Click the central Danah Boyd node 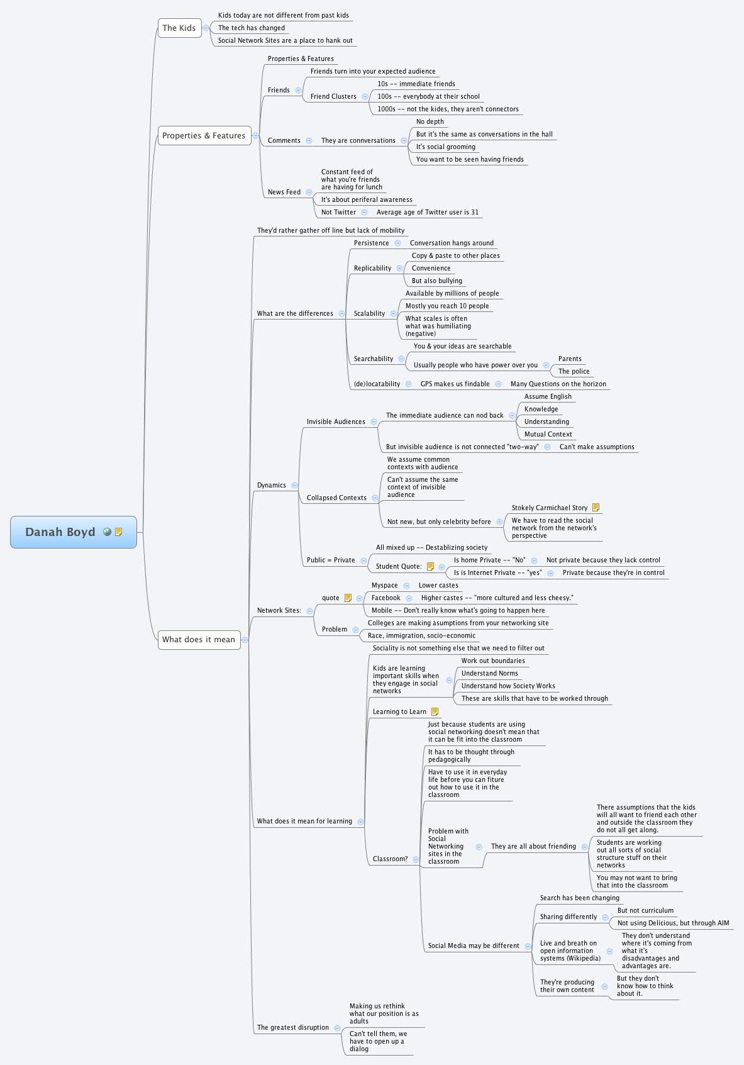(x=60, y=532)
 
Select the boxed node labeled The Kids (x=179, y=28)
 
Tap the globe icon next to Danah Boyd (x=108, y=532)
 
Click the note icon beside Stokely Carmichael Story (x=596, y=508)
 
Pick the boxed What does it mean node (x=199, y=640)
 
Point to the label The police (x=574, y=371)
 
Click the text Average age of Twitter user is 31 (x=427, y=212)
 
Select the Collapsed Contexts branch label (x=336, y=498)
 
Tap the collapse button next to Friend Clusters (x=362, y=96)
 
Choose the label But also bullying (x=436, y=281)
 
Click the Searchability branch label (x=373, y=359)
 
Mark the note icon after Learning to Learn (x=435, y=711)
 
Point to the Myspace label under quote (x=384, y=585)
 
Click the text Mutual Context (x=548, y=434)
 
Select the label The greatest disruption (x=292, y=1027)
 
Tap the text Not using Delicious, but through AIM (x=673, y=923)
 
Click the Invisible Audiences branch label (x=336, y=421)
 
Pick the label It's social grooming (x=445, y=147)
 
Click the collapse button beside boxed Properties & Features (x=255, y=135)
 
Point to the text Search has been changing (x=579, y=898)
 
